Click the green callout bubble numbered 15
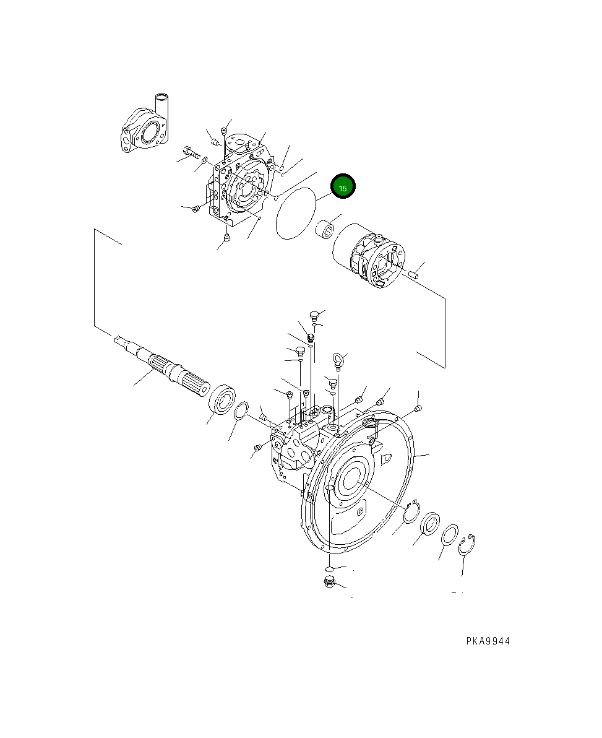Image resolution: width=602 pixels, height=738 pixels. [x=343, y=187]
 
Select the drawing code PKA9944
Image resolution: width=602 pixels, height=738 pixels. [x=488, y=641]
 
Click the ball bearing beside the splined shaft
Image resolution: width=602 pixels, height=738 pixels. [x=223, y=399]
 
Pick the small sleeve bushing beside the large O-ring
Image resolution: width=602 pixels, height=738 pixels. [x=325, y=232]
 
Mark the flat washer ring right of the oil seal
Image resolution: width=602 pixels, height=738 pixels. [x=450, y=535]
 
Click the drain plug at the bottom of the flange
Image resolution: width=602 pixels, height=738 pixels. [x=329, y=581]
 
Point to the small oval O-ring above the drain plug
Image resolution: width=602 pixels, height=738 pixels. [x=329, y=568]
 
